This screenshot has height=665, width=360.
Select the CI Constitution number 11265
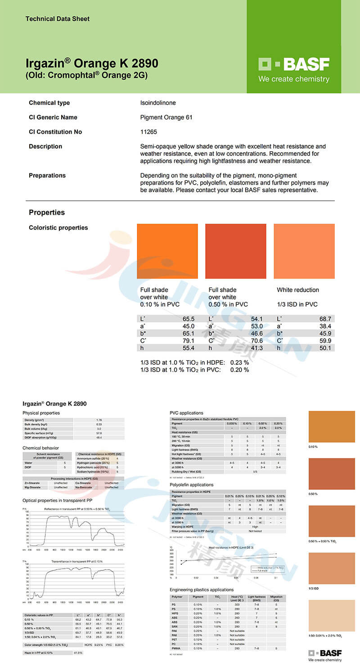click(x=148, y=132)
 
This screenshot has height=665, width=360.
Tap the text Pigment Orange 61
click(x=166, y=118)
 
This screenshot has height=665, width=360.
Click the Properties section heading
click(x=47, y=213)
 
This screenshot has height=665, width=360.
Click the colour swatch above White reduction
click(x=304, y=251)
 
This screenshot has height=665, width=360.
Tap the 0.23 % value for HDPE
click(x=239, y=362)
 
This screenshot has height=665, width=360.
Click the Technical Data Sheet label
click(x=57, y=19)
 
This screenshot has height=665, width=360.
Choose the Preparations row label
click(x=47, y=176)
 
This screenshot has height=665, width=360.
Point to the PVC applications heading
click(x=186, y=413)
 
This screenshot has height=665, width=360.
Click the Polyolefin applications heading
click(x=192, y=485)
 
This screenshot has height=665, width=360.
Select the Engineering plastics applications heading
click(x=202, y=589)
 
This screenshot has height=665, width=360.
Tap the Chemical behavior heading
click(x=40, y=448)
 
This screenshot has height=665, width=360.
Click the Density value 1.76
click(x=99, y=420)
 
